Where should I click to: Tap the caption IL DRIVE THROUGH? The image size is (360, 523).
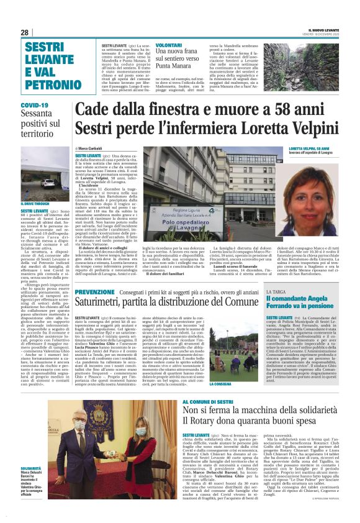point(32,203)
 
